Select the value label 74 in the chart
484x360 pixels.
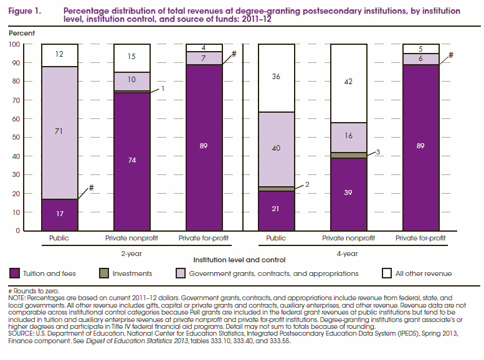pyautogui.click(x=131, y=160)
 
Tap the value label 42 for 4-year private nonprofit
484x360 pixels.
pyautogui.click(x=348, y=81)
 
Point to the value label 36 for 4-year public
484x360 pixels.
pyautogui.click(x=276, y=77)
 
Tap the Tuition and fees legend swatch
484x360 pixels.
pyautogui.click(x=16, y=273)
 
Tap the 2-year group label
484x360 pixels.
pyautogui.click(x=131, y=253)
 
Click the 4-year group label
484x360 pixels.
pyautogui.click(x=348, y=253)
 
